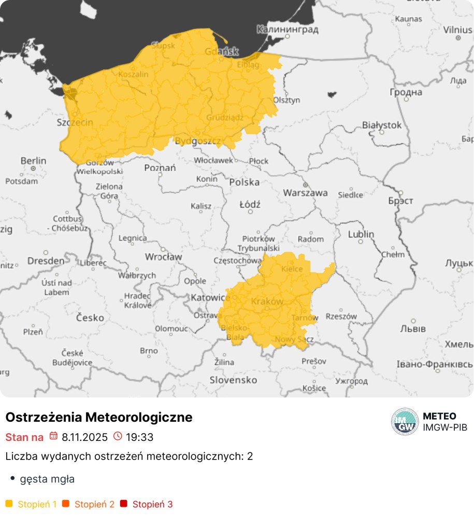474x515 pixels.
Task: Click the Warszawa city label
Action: (305, 193)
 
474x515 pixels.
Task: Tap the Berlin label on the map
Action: (33, 161)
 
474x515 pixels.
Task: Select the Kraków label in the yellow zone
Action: (267, 301)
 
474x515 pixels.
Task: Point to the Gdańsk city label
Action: (221, 51)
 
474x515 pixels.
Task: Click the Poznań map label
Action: (160, 168)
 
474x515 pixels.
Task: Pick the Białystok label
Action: (382, 125)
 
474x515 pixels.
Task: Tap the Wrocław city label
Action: (163, 256)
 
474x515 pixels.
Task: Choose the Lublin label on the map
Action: (361, 234)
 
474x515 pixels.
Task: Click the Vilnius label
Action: (457, 30)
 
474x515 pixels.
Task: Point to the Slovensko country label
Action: (233, 380)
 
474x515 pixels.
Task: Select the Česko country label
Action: (90, 318)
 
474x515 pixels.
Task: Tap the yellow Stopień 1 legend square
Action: (8, 504)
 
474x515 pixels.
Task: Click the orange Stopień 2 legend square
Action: (65, 504)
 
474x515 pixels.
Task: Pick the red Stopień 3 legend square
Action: (123, 504)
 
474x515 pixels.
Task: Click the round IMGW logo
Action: (405, 422)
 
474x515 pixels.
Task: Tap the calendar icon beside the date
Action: (53, 436)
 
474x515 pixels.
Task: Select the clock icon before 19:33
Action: (117, 436)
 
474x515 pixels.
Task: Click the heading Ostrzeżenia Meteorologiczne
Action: (98, 417)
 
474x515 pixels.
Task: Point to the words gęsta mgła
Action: (47, 479)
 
